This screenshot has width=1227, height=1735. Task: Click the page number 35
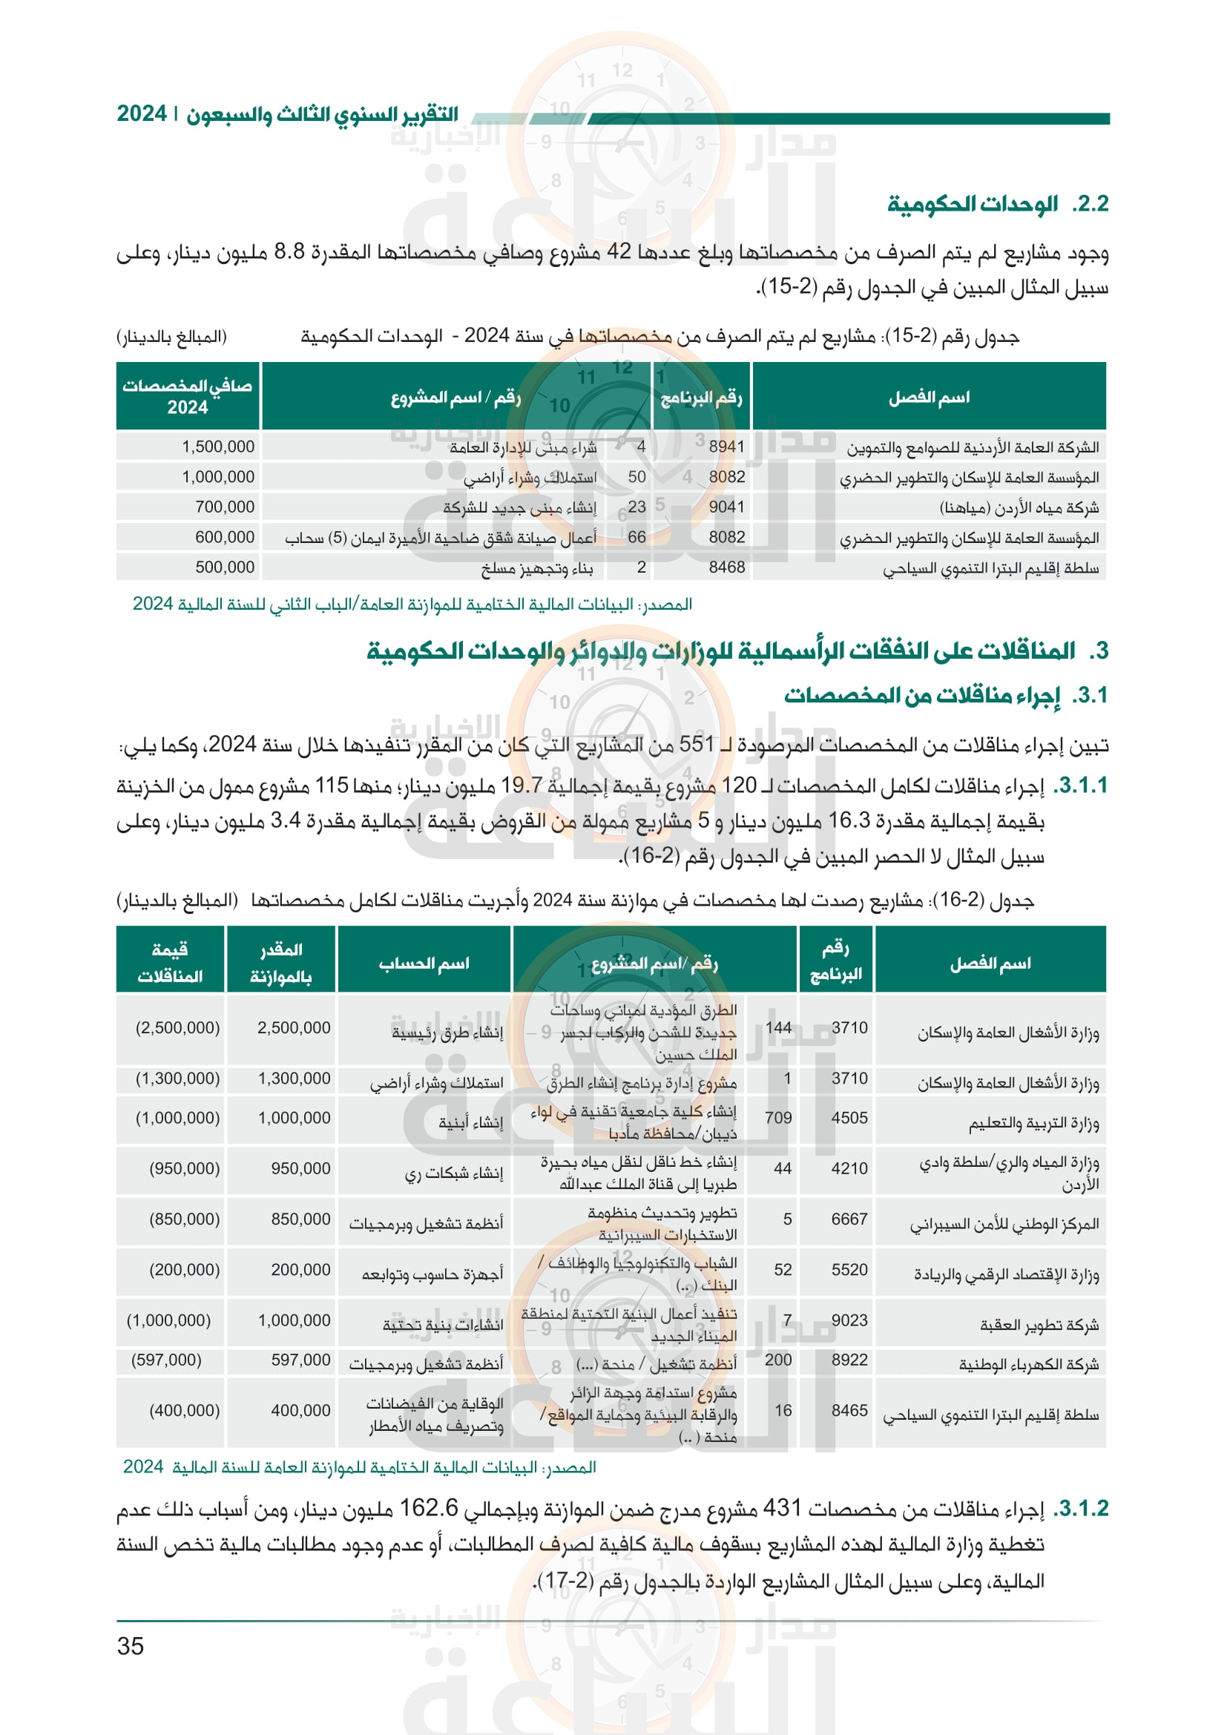[130, 1646]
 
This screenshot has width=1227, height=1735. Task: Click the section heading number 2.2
[1091, 204]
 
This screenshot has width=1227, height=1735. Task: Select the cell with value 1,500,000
[217, 447]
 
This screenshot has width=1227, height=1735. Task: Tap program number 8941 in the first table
[726, 447]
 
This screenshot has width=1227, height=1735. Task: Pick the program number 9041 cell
[726, 507]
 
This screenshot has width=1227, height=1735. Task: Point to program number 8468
[726, 567]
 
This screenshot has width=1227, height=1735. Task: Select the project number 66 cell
[637, 537]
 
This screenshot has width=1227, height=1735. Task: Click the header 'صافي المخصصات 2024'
[188, 396]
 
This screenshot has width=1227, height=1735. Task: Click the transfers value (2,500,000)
[177, 1027]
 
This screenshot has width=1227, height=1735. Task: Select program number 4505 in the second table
[849, 1118]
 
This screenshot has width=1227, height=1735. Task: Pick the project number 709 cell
[778, 1118]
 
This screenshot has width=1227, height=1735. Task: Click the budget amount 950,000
[300, 1168]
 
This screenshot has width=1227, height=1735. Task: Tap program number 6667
[849, 1219]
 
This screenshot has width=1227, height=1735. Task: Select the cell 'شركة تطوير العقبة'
[1039, 1325]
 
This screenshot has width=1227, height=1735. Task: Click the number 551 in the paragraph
[697, 745]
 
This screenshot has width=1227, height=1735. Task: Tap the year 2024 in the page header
[141, 114]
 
